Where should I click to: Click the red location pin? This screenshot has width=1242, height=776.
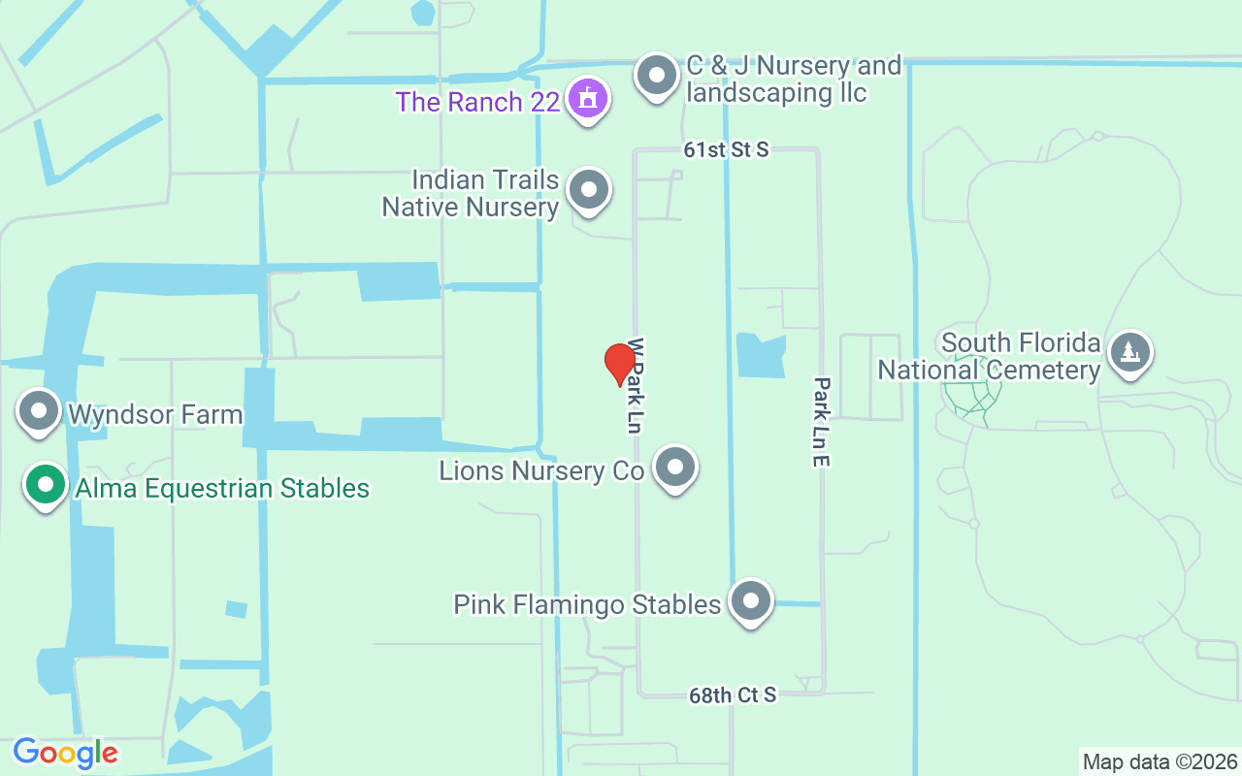pos(619,364)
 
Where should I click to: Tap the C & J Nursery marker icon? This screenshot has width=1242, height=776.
pos(657,75)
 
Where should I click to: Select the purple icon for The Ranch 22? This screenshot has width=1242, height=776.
pos(587,98)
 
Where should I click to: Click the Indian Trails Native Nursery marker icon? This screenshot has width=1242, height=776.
pos(588,189)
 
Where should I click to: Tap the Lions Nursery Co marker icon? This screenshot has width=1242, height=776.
pos(675,469)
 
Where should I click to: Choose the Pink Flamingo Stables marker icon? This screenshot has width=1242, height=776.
pos(749,601)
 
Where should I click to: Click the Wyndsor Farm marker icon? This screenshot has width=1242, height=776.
pos(40,411)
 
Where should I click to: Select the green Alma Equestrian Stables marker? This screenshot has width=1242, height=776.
pos(45,485)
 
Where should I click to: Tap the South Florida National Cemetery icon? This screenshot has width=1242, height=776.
pos(1129,351)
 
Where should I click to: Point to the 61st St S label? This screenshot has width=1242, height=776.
pos(726,149)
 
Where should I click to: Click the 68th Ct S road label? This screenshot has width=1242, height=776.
pos(733,695)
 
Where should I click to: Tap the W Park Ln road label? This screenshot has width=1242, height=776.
pos(636,384)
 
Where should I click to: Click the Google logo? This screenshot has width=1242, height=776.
pos(65,752)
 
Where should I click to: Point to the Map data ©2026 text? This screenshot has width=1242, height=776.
pos(1160,761)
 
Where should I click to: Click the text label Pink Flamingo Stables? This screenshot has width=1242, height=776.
pos(587,604)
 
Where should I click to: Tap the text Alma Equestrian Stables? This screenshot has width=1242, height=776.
pos(218,487)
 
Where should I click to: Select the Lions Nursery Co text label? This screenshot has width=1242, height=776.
pos(541,471)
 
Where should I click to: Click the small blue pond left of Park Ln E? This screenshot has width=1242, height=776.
pos(761,355)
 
